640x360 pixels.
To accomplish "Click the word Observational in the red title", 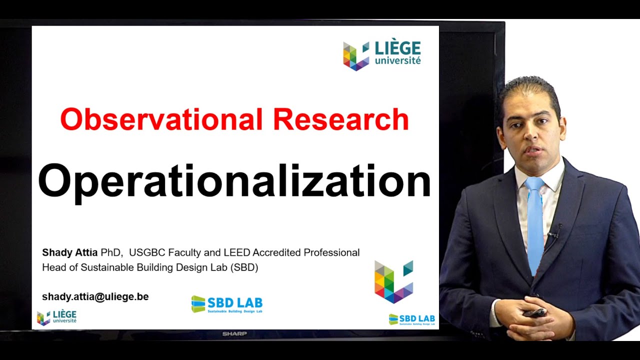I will (162, 119).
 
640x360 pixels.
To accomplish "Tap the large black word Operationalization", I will (234, 181).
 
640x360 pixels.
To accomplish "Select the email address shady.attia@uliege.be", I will (95, 296).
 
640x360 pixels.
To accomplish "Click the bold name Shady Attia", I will (69, 252).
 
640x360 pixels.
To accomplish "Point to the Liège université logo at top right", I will (382, 54).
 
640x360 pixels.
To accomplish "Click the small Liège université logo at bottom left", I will (56, 317).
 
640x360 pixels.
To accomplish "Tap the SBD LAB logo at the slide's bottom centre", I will (226, 304).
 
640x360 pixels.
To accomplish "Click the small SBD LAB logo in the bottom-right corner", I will (411, 319).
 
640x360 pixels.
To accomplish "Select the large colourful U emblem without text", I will (393, 281).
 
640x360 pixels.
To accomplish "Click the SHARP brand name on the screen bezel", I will (234, 333).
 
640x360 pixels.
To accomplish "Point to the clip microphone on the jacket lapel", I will (553, 233).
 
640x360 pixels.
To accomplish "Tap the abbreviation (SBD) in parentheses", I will (244, 267).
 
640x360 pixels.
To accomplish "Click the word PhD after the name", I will (110, 252).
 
